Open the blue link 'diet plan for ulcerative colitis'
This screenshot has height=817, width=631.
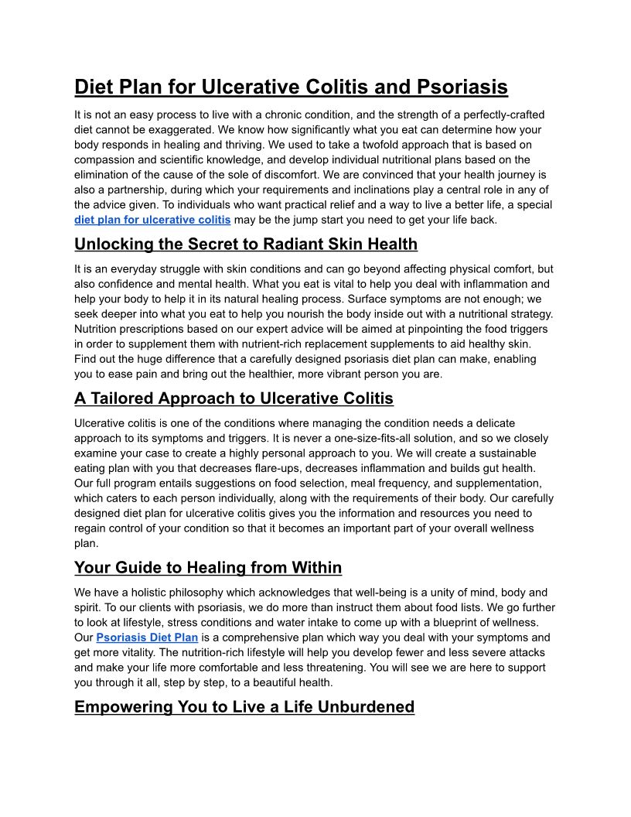(x=152, y=220)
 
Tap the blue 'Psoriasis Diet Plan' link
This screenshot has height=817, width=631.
(x=147, y=638)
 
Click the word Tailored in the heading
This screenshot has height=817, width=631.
(x=129, y=398)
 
